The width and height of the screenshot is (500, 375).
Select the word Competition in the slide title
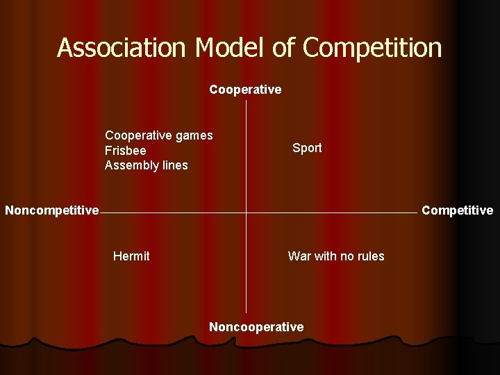[372, 48]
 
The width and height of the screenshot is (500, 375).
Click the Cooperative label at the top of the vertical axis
[245, 90]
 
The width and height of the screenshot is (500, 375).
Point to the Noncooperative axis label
[256, 327]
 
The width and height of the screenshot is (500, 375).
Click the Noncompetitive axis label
[52, 210]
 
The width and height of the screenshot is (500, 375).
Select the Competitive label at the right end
[458, 210]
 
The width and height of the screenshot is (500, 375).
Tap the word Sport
[307, 148]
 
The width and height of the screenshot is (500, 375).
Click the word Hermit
[131, 256]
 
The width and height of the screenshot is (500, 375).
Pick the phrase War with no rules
[336, 256]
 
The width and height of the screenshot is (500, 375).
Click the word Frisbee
[126, 151]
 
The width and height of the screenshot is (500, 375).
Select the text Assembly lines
[147, 165]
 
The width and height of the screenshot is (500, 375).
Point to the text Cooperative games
[159, 135]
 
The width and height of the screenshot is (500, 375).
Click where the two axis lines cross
[246, 212]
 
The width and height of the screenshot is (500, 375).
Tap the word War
[299, 256]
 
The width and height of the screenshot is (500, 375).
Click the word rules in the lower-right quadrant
[369, 256]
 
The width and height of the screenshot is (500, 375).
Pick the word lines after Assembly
[174, 165]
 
